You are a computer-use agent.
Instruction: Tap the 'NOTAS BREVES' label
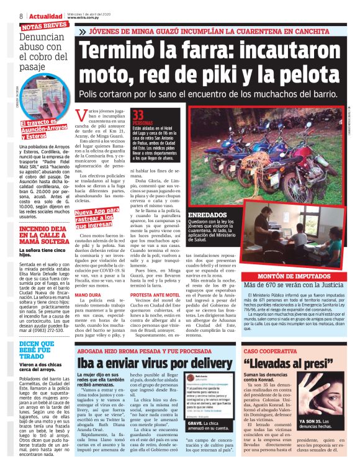point(44,25)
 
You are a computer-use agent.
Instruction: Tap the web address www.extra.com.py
point(93,18)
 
